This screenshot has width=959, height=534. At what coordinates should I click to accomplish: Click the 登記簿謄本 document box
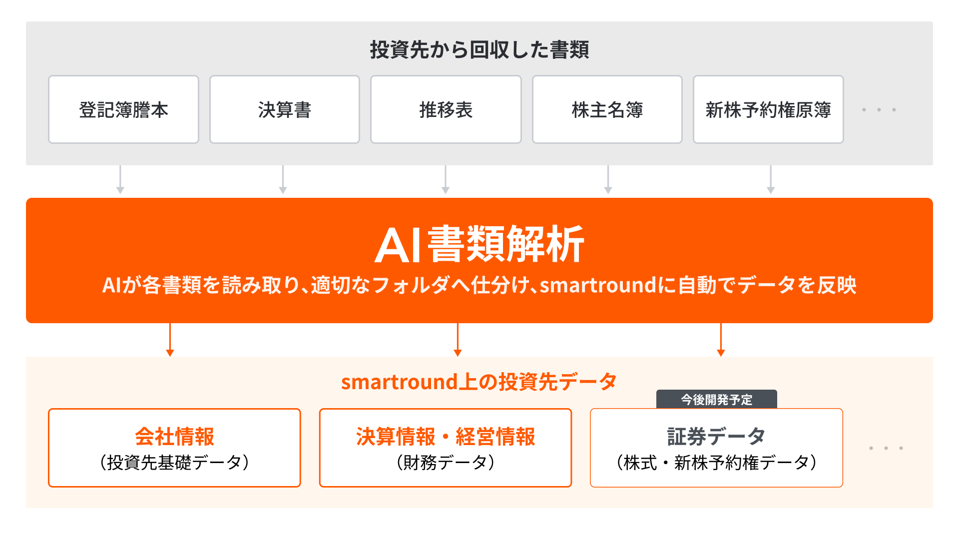click(123, 109)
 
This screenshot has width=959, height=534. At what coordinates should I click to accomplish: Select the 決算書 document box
click(285, 109)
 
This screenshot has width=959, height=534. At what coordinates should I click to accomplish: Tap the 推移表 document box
click(446, 109)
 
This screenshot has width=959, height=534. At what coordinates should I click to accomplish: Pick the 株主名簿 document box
click(607, 109)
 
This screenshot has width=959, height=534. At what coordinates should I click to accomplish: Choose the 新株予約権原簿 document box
click(768, 109)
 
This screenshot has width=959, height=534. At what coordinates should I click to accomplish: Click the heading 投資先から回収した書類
click(479, 50)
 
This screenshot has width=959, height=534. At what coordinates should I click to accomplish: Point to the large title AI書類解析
click(479, 244)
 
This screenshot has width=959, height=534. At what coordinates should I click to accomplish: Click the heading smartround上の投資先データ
click(479, 382)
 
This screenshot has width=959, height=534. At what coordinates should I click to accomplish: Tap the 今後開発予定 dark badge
click(717, 399)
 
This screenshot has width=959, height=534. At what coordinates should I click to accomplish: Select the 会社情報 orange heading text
click(174, 436)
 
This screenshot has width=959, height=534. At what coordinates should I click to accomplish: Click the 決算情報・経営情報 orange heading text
click(446, 436)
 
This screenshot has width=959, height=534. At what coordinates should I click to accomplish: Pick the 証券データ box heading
click(716, 436)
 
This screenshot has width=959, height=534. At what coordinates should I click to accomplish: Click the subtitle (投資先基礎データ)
click(174, 463)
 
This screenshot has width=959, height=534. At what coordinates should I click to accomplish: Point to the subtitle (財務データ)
click(446, 463)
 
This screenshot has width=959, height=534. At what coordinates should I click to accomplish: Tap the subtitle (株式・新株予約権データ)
click(716, 463)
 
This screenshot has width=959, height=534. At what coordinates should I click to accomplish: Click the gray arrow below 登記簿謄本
click(120, 180)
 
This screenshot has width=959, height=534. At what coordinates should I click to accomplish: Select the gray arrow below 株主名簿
click(608, 180)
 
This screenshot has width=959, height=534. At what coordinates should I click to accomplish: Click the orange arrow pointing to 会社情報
click(170, 340)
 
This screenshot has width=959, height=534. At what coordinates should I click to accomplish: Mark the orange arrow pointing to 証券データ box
click(721, 340)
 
